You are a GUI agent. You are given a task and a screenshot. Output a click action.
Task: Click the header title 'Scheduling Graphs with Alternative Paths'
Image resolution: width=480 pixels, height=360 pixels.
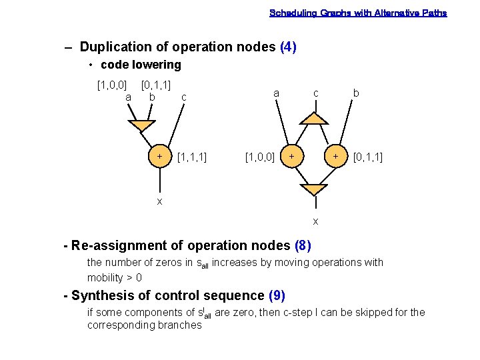358,13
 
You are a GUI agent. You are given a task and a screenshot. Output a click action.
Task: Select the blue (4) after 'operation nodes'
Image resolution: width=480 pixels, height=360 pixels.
289,47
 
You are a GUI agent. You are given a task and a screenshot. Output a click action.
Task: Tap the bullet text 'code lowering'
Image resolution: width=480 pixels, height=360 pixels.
141,65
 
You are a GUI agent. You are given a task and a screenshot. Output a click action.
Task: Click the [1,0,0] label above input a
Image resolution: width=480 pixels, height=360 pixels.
112,85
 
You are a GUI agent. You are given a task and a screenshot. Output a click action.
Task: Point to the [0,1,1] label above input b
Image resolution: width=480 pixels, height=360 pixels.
156,85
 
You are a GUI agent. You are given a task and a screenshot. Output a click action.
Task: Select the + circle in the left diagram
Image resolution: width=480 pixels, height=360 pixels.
159,156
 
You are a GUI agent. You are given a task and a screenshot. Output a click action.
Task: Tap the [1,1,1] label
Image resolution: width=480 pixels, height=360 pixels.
191,157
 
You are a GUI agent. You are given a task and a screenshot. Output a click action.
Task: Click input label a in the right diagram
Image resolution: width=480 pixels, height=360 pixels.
275,94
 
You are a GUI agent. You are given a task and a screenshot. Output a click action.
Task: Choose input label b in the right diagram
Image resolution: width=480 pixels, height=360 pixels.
356,94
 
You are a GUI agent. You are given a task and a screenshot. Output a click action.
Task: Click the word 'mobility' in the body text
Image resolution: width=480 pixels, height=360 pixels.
105,277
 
